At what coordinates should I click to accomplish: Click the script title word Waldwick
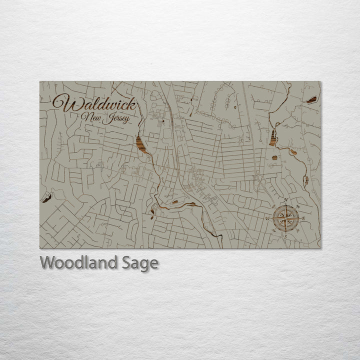coord(93,104)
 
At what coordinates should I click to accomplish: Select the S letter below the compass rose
coord(284,236)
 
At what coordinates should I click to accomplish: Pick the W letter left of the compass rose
coord(267,218)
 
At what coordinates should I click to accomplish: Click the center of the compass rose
coord(285,218)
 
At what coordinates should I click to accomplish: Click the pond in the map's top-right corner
coord(311,100)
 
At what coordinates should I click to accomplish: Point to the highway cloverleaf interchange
coord(259,181)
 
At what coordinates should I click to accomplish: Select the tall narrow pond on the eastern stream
coord(273,136)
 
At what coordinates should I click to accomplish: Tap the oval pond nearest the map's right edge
coord(305,180)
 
